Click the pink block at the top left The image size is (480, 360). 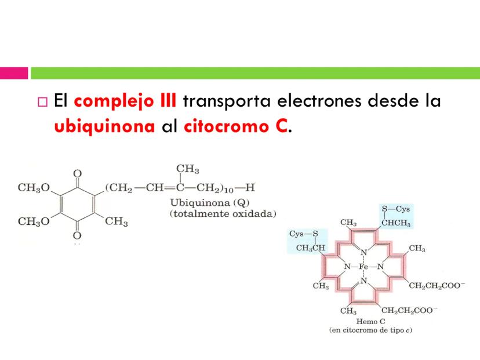(x=14, y=74)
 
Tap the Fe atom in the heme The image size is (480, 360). (x=363, y=267)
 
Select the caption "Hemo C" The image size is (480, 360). (x=371, y=321)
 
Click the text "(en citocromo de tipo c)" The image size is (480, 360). (x=371, y=330)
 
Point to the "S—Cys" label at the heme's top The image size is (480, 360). (x=396, y=209)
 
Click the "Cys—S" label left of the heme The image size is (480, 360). (x=303, y=234)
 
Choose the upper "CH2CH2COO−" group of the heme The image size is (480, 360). (x=437, y=285)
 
